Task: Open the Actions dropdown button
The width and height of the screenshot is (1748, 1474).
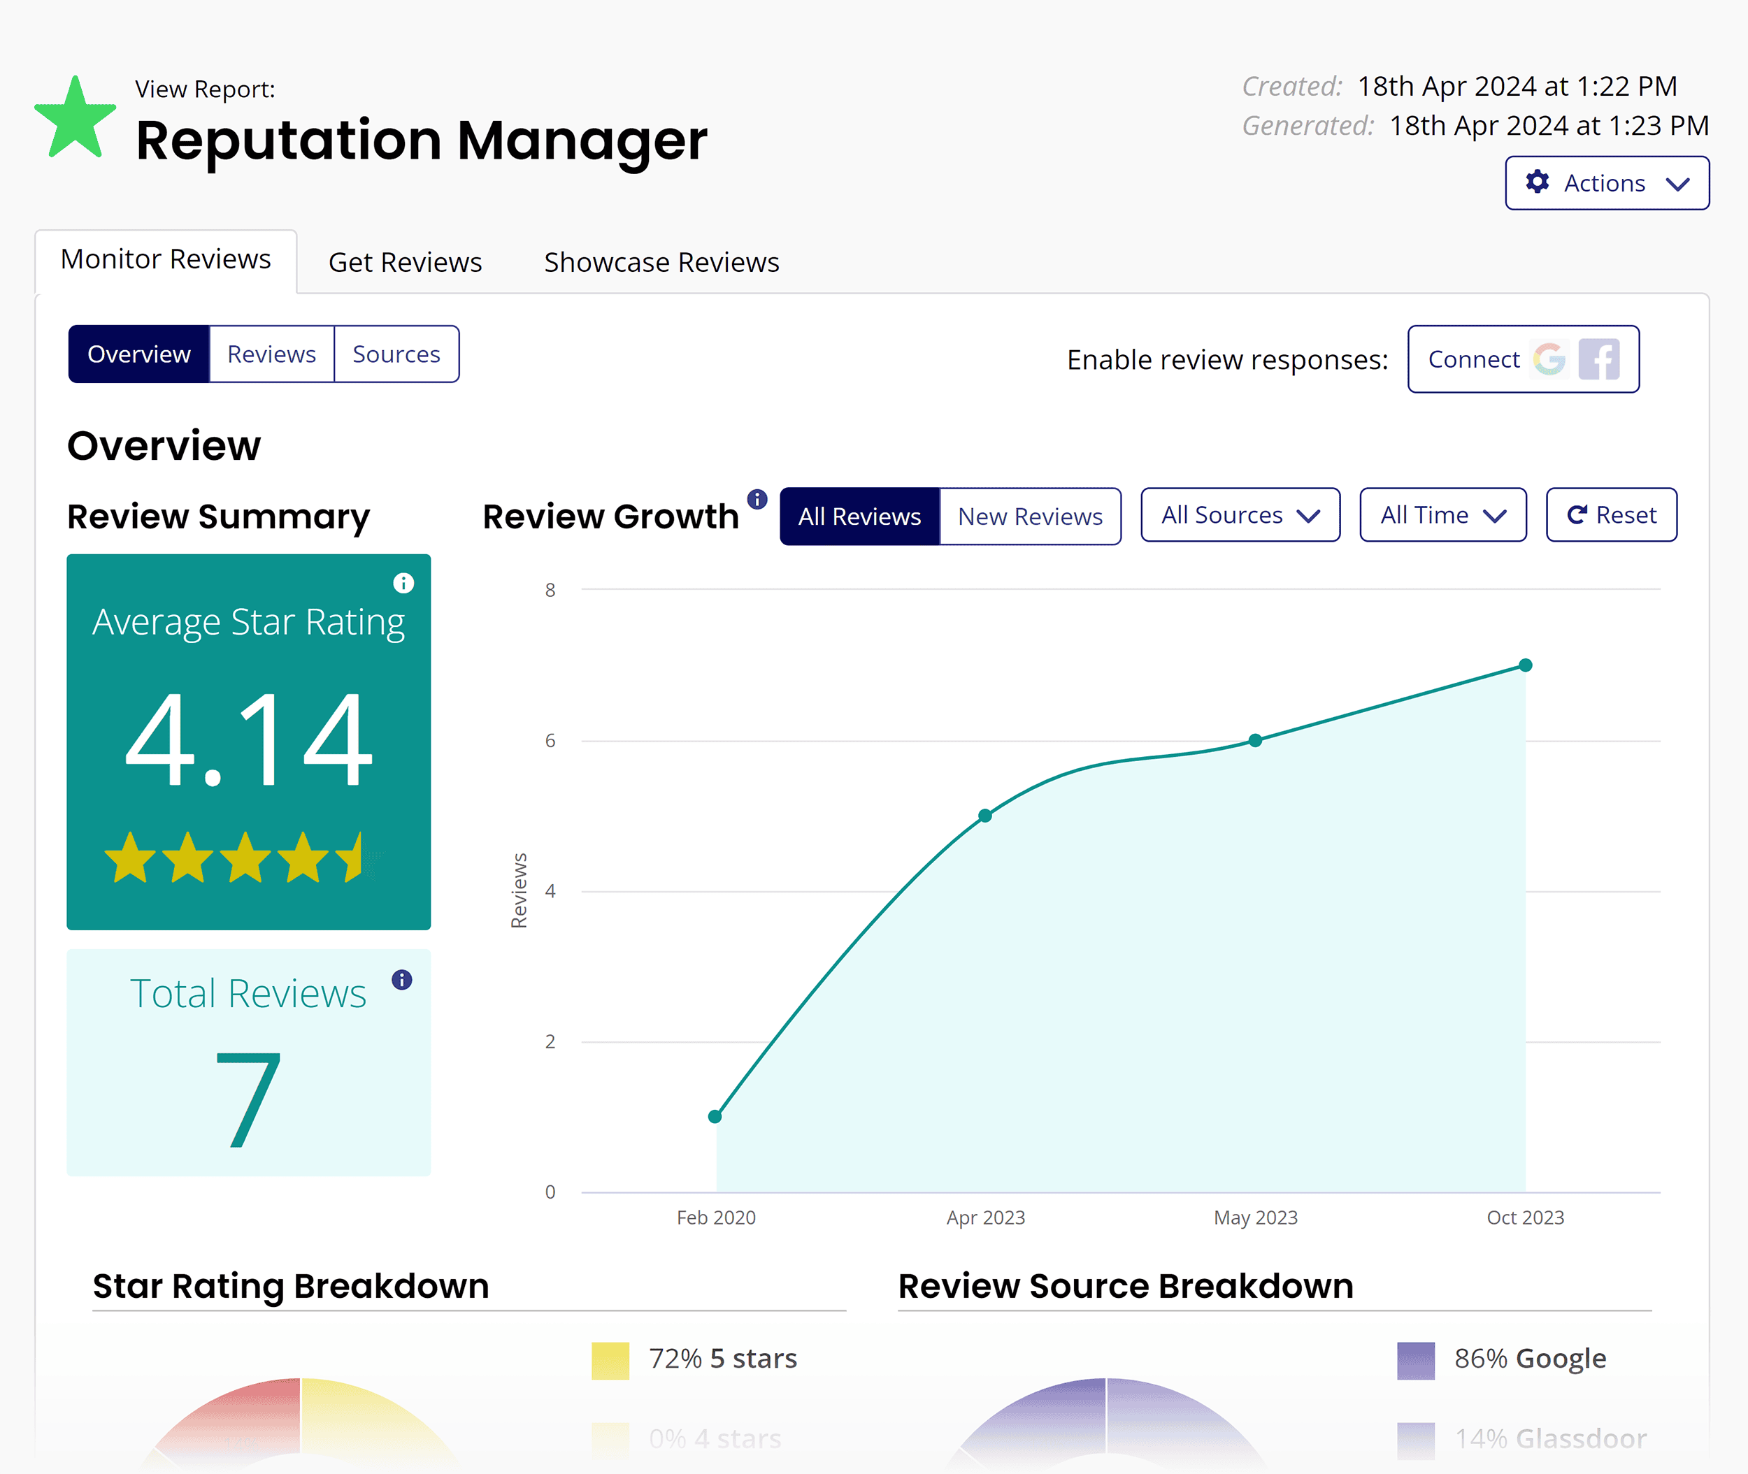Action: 1607,183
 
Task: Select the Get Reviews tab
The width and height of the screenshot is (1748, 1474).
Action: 405,262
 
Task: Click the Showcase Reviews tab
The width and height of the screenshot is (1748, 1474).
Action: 661,262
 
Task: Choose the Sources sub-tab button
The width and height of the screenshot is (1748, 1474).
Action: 396,354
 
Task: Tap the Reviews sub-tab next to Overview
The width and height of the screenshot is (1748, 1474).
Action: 272,354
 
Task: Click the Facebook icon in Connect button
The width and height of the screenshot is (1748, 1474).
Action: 1598,359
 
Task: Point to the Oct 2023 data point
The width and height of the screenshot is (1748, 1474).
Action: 1525,666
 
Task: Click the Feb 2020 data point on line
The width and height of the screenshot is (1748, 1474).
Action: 715,1116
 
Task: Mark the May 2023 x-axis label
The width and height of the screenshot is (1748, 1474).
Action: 1256,1218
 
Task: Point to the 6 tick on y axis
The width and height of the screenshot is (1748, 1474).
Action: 550,740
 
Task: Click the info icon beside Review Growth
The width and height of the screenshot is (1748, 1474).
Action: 757,500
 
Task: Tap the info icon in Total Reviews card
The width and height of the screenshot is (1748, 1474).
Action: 402,979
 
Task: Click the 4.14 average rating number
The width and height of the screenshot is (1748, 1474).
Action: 248,739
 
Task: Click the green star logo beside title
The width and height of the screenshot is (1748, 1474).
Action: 76,120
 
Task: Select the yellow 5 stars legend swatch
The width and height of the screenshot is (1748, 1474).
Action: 610,1360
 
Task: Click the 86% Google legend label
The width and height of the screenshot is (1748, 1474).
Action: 1529,1359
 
